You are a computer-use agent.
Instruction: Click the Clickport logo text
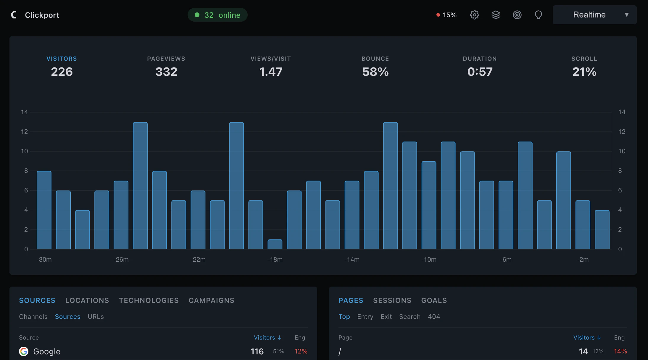point(42,15)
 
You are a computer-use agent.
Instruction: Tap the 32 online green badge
point(217,15)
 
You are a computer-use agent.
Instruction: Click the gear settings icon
point(474,15)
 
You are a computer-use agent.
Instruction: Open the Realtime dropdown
point(594,15)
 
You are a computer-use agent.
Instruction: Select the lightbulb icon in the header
point(538,15)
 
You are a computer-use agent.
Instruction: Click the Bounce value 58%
point(375,72)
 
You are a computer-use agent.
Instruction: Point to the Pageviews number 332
point(166,72)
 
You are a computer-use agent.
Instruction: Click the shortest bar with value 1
point(275,244)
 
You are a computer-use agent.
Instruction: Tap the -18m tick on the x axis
point(275,260)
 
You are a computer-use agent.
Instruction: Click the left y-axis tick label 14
point(24,112)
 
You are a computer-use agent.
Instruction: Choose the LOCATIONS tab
point(87,300)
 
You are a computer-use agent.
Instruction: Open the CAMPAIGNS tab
point(211,300)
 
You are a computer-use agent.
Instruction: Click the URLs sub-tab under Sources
point(96,317)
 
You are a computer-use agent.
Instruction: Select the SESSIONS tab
point(392,300)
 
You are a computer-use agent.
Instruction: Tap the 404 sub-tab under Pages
point(434,317)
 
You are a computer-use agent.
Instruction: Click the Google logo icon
point(24,351)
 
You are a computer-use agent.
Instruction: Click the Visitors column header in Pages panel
point(587,337)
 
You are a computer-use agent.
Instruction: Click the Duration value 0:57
point(480,72)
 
